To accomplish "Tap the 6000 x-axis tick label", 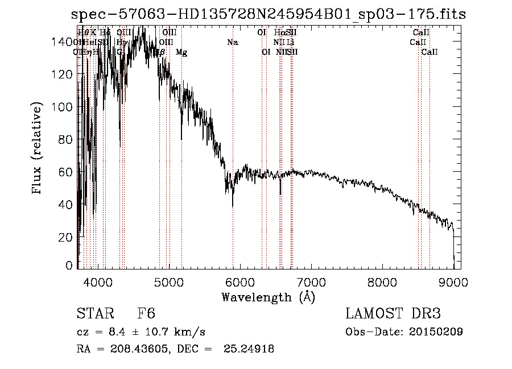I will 240,281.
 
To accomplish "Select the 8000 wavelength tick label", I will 382,281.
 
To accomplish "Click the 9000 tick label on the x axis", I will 453,281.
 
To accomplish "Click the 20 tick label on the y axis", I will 67,237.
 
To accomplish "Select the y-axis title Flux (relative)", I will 38,149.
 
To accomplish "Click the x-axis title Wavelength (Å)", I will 268,297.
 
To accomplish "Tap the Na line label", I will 232,42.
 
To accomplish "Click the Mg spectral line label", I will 181,52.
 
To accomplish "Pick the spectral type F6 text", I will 146,314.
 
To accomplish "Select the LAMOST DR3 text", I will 393,314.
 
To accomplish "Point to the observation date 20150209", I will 438,332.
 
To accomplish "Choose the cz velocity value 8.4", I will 114,332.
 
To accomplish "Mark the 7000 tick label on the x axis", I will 311,281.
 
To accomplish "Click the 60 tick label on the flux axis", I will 67,172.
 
